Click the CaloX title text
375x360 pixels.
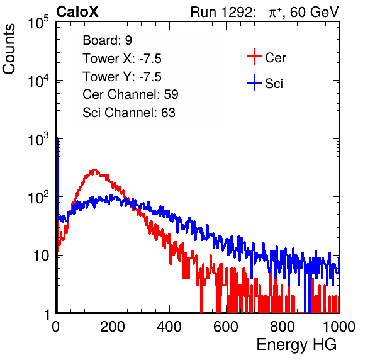(x=77, y=12)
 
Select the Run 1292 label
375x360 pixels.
(x=221, y=12)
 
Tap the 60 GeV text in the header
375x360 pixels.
(x=314, y=12)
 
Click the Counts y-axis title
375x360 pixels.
(x=9, y=49)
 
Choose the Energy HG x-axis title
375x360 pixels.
(x=296, y=345)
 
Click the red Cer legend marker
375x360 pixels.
(x=254, y=57)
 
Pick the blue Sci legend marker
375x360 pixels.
(x=254, y=83)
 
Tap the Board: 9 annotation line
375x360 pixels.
(x=107, y=40)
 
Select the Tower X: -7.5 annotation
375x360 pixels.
(x=122, y=59)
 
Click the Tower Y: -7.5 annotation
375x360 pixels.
(x=122, y=77)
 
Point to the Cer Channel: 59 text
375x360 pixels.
(x=130, y=94)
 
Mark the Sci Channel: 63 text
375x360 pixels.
(x=129, y=113)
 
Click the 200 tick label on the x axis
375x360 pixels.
(x=113, y=327)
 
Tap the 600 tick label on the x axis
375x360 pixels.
(x=226, y=327)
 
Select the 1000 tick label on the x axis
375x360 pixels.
(x=339, y=327)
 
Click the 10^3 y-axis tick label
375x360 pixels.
(x=38, y=139)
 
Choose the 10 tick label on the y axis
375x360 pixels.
(x=41, y=256)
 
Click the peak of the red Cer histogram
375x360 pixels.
(x=95, y=170)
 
